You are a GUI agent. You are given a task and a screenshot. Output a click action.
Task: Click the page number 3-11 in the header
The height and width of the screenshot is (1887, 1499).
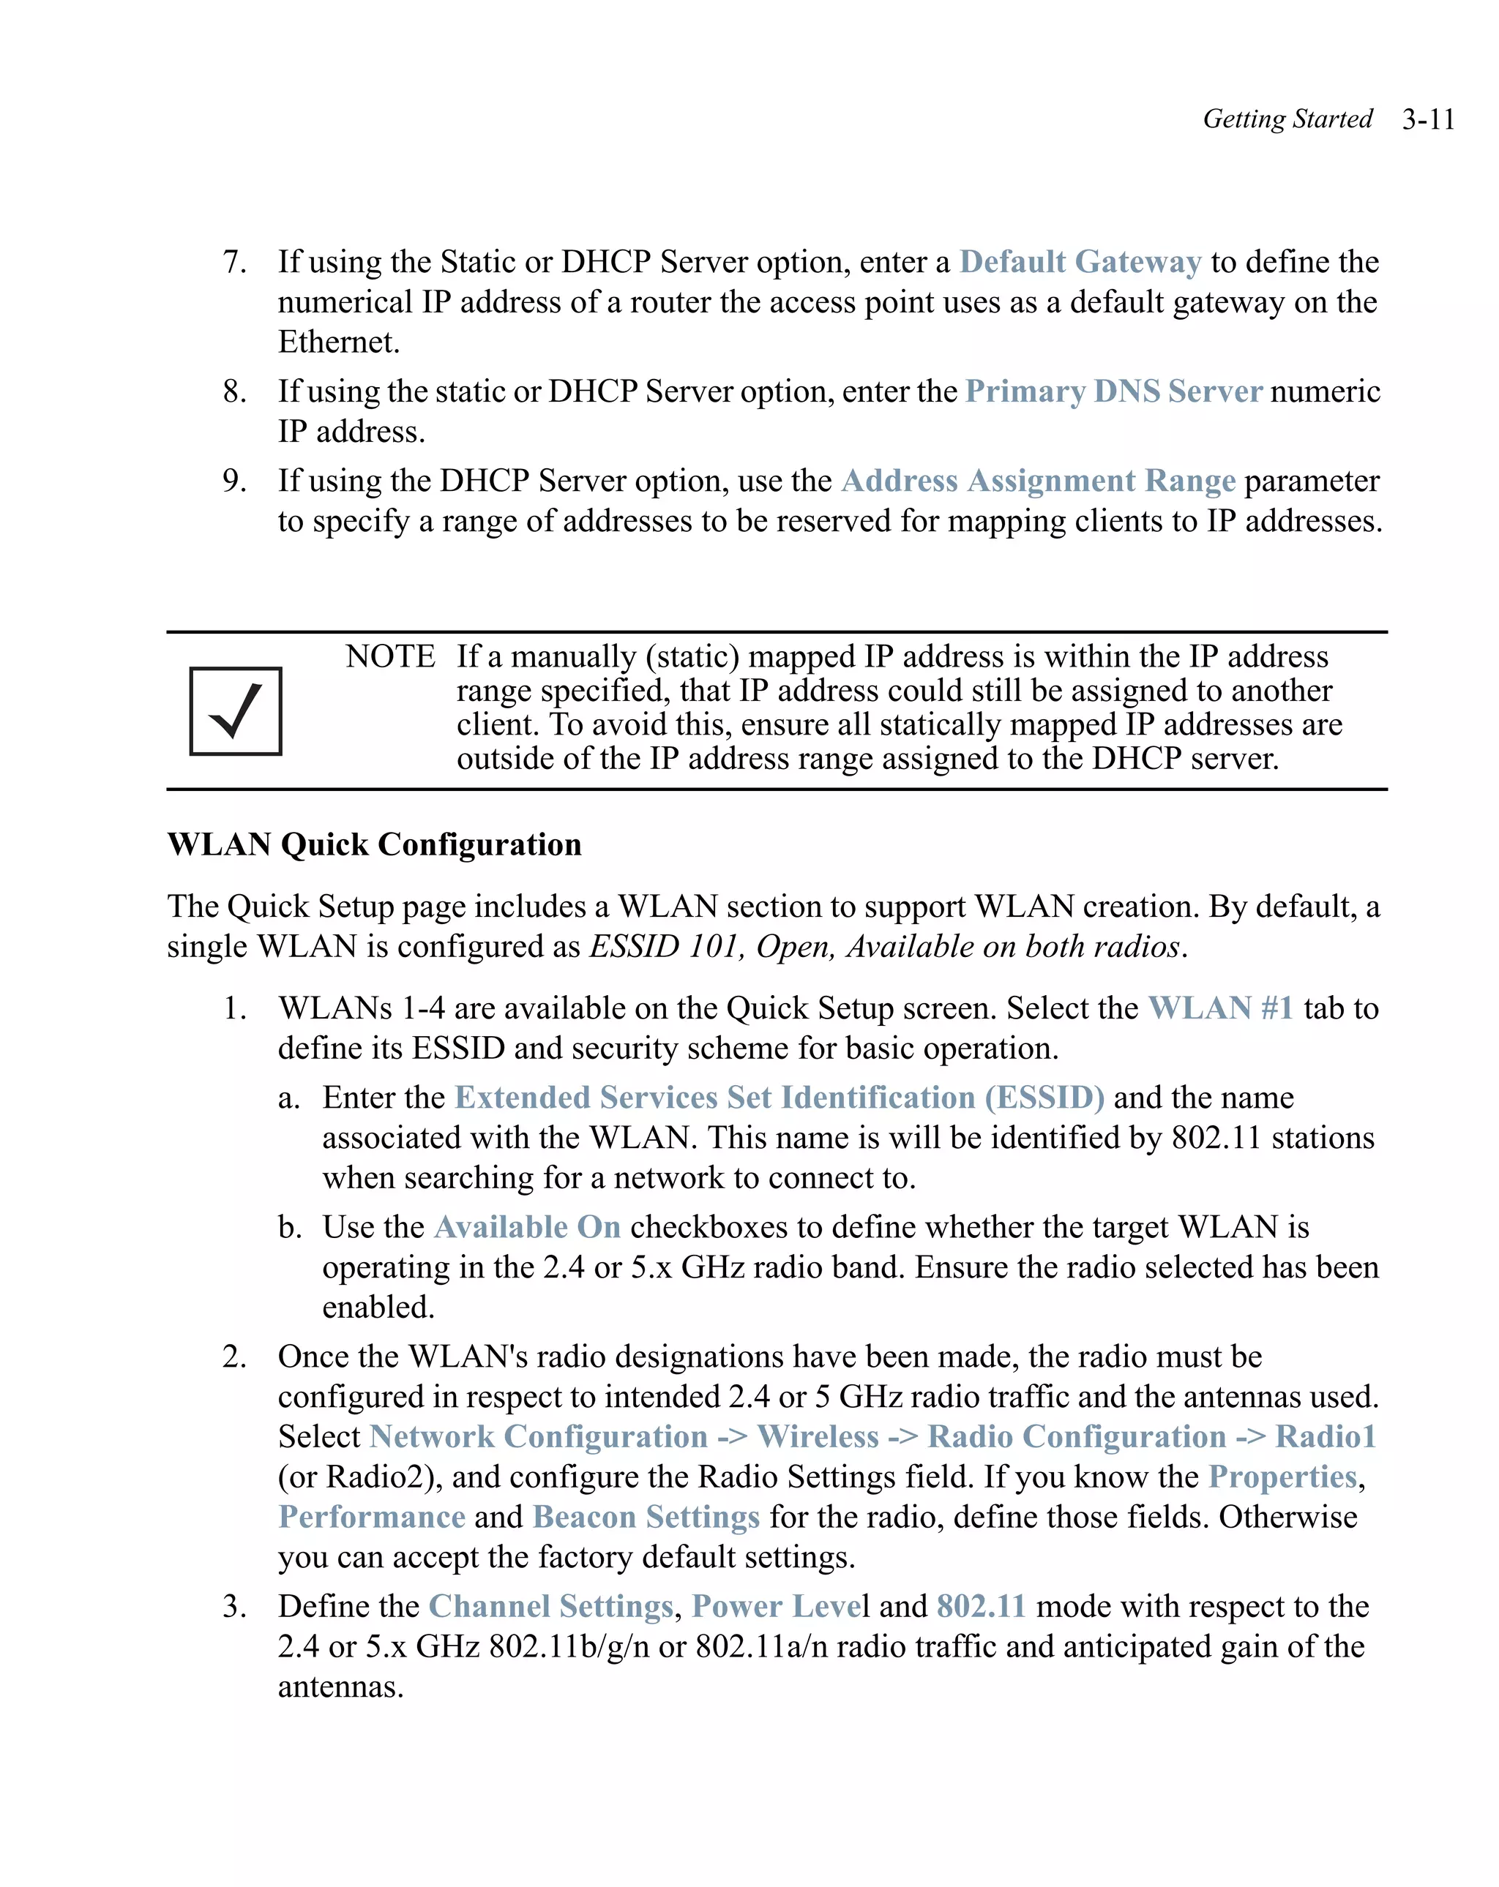1427,119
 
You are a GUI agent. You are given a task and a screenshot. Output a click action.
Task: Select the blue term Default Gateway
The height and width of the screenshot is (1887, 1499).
1080,262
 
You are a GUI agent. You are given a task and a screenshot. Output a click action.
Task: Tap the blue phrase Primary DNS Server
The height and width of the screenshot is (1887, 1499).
1113,391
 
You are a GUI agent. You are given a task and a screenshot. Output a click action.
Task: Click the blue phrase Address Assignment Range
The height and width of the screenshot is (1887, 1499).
1038,481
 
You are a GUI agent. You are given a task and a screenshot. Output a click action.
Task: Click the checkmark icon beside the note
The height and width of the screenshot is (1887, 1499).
236,710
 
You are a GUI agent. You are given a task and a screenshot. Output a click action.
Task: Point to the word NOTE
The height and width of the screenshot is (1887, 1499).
389,656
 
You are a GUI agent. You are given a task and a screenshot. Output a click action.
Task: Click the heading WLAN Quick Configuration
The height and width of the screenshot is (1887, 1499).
374,844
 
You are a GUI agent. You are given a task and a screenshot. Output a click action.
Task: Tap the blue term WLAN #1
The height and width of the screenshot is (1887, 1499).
1221,1008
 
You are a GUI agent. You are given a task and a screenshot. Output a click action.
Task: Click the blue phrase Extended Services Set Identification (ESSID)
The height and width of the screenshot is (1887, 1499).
780,1098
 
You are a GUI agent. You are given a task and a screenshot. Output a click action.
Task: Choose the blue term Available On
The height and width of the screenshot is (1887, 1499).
527,1227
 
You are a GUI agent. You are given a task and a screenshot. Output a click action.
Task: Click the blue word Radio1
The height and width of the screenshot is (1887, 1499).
1325,1436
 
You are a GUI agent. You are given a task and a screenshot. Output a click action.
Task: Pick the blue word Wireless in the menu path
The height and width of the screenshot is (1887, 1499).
818,1436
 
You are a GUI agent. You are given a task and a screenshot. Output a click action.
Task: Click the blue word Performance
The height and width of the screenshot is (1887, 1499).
372,1517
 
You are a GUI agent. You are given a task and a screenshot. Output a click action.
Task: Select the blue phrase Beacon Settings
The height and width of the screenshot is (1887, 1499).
646,1517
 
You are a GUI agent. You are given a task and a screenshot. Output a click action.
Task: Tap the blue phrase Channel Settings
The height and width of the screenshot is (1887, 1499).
550,1606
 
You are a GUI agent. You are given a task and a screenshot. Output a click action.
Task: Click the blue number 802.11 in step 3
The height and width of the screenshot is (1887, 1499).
981,1606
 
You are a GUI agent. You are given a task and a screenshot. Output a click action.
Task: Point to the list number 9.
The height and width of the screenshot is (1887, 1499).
233,481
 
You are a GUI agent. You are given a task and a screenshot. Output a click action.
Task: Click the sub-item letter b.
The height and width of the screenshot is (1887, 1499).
289,1227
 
